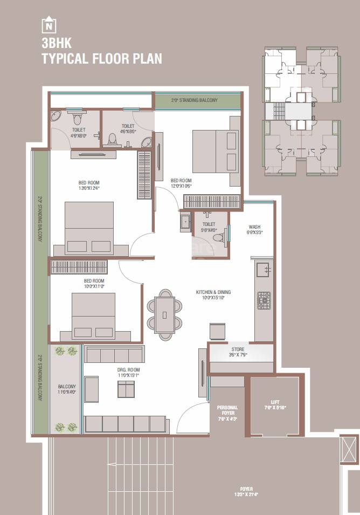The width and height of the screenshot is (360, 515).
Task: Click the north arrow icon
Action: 50,25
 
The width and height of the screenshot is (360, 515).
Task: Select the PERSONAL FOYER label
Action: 227,410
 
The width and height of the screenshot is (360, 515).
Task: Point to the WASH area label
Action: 255,230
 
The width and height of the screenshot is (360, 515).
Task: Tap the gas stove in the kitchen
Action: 264,300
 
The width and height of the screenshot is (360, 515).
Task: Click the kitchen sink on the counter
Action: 264,269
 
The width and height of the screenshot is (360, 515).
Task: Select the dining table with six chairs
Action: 165,314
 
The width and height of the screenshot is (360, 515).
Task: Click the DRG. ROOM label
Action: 128,372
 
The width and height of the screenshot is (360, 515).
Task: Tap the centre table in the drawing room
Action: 126,389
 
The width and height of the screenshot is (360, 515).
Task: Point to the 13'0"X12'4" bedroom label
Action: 89,186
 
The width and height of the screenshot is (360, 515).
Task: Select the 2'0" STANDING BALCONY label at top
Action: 194,100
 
